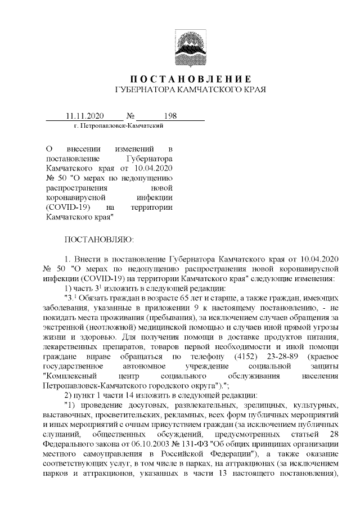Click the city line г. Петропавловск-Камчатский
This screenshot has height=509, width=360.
point(119,126)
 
